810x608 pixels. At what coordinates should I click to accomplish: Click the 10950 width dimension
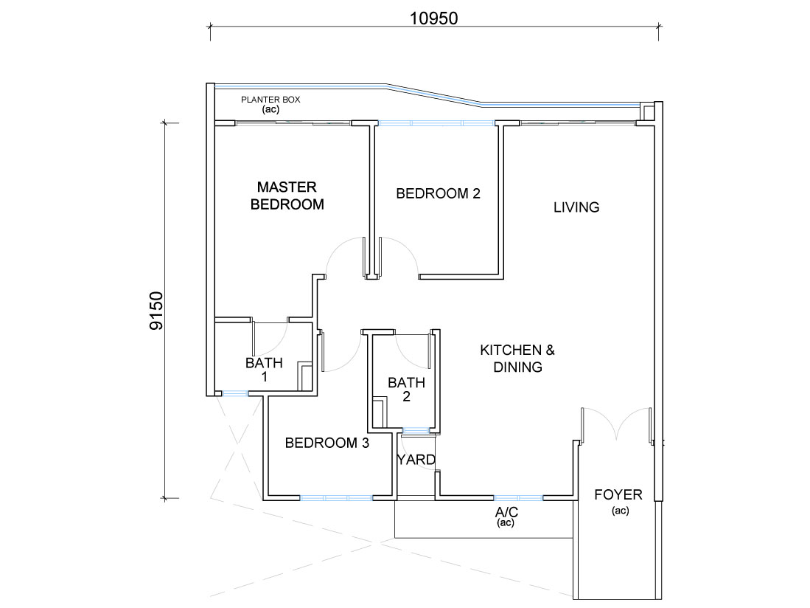click(x=434, y=18)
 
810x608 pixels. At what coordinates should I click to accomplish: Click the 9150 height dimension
click(x=156, y=311)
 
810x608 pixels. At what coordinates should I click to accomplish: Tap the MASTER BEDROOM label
click(x=287, y=196)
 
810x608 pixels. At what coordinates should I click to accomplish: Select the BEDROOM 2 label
click(x=438, y=193)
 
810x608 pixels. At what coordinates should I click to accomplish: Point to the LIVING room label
click(x=576, y=207)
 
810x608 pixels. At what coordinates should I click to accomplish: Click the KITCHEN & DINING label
click(x=517, y=359)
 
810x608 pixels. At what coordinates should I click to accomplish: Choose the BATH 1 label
click(x=264, y=369)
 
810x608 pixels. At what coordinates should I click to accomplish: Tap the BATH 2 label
click(x=407, y=390)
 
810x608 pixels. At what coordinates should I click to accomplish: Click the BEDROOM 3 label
click(x=327, y=443)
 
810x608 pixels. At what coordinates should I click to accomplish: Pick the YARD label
click(x=416, y=460)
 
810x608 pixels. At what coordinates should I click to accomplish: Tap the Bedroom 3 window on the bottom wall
click(x=336, y=498)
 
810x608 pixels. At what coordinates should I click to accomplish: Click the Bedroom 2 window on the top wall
click(x=436, y=123)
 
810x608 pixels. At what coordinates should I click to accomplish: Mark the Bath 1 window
click(x=236, y=393)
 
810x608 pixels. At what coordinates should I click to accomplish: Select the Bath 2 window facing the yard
click(x=416, y=430)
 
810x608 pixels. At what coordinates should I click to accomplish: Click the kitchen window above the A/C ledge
click(x=518, y=498)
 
